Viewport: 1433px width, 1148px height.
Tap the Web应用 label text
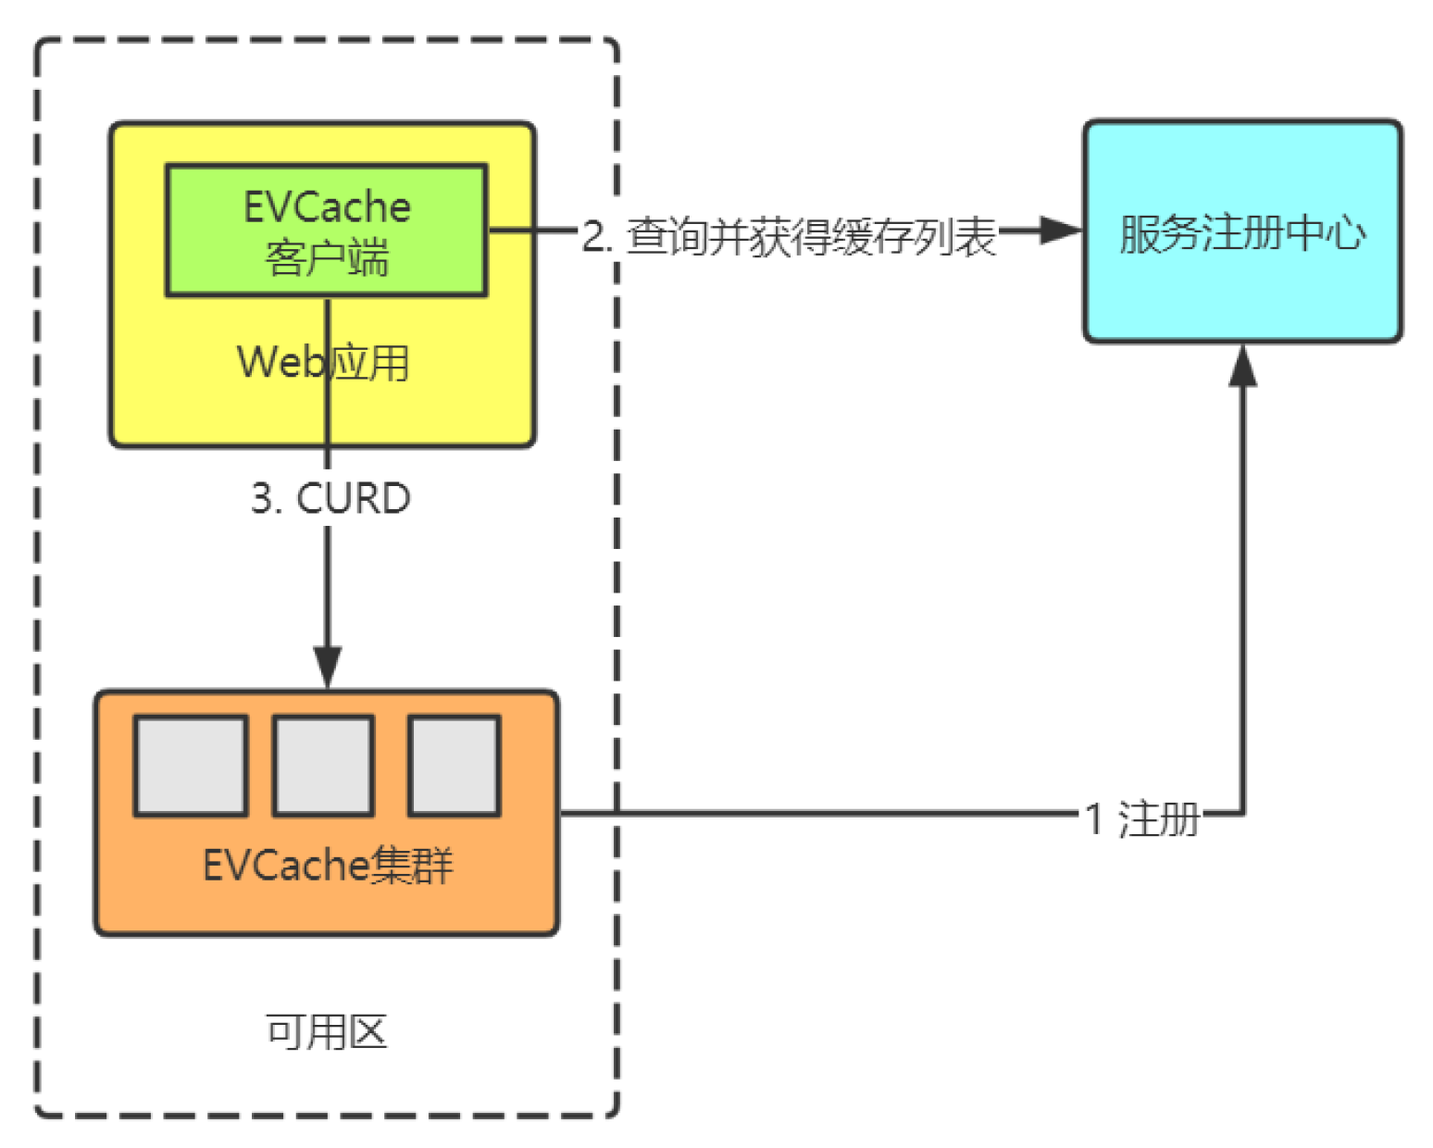click(323, 362)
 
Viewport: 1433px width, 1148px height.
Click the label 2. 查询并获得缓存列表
click(789, 236)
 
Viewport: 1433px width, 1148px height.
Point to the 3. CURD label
click(330, 498)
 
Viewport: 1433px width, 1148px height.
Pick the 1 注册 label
click(1142, 818)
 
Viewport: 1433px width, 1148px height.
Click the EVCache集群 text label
click(328, 866)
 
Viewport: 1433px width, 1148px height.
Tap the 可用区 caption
click(326, 1031)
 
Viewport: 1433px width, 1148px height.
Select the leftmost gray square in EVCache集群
click(191, 766)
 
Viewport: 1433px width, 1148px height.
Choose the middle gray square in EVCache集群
click(323, 766)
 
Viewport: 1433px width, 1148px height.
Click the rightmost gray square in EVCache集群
click(454, 766)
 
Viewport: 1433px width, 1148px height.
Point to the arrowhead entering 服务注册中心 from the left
click(1061, 231)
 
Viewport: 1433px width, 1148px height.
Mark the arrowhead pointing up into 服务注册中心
click(1242, 365)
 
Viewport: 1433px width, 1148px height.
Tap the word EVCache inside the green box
click(327, 206)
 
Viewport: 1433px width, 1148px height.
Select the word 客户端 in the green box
click(327, 257)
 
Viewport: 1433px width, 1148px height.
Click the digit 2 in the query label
click(592, 236)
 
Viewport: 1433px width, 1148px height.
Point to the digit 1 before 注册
click(1093, 818)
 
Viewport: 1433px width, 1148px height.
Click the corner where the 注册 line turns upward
click(1242, 814)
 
